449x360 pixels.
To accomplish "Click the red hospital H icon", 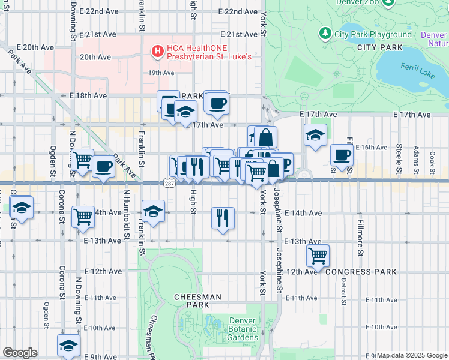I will pos(158,52).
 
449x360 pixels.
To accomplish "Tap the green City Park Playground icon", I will pos(325,34).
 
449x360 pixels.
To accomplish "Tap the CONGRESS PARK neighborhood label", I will pos(361,272).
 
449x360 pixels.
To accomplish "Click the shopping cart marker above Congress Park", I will pos(318,255).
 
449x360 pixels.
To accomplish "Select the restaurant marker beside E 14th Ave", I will pos(223,219).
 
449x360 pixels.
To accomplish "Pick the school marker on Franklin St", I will pos(153,211).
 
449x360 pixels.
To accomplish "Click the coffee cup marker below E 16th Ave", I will pos(342,155).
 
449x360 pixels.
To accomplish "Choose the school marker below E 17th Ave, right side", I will pos(315,136).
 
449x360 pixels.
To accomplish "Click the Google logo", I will pos(20,353).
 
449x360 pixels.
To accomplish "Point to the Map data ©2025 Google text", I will pos(411,355).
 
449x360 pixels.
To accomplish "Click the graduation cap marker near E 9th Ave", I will pos(69,346).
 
